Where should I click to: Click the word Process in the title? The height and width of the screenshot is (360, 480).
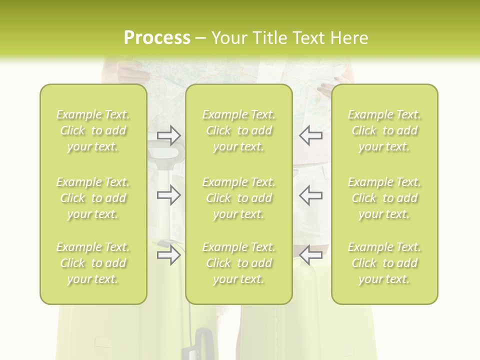coord(157,38)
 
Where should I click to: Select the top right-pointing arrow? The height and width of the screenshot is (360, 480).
coord(169,135)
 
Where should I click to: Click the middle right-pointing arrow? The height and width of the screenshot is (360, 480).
coord(169,195)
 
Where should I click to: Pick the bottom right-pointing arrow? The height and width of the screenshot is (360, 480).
coord(169,255)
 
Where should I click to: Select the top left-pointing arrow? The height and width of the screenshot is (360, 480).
coord(311,135)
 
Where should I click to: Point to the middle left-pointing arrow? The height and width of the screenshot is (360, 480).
coord(311,195)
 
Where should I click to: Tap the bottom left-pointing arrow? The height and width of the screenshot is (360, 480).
coord(311,255)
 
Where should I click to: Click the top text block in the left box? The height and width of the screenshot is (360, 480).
coord(93,130)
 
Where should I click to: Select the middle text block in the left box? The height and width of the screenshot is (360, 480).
coord(93,198)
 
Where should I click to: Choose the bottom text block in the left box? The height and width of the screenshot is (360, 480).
coord(93,263)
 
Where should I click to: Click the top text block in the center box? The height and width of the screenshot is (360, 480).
coord(239,130)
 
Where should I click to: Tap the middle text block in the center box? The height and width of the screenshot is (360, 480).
coord(239,198)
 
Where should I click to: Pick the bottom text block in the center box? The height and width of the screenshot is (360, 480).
coord(239,263)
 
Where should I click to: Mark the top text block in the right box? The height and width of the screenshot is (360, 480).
coord(384,130)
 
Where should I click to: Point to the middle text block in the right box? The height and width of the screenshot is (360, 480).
coord(384,198)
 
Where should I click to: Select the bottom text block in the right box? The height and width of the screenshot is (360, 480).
coord(384,263)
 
